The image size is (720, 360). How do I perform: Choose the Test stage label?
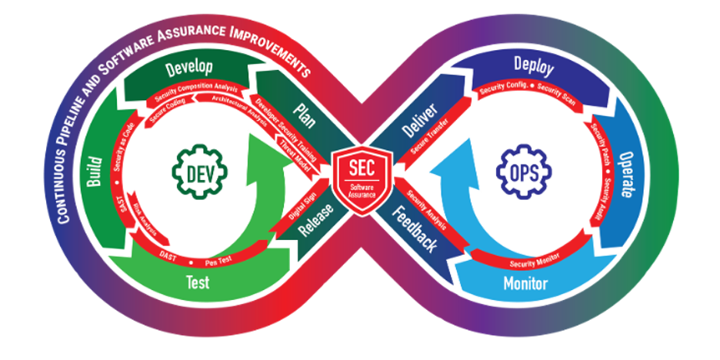point(198,282)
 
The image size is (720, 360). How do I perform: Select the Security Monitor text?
point(534,260)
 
